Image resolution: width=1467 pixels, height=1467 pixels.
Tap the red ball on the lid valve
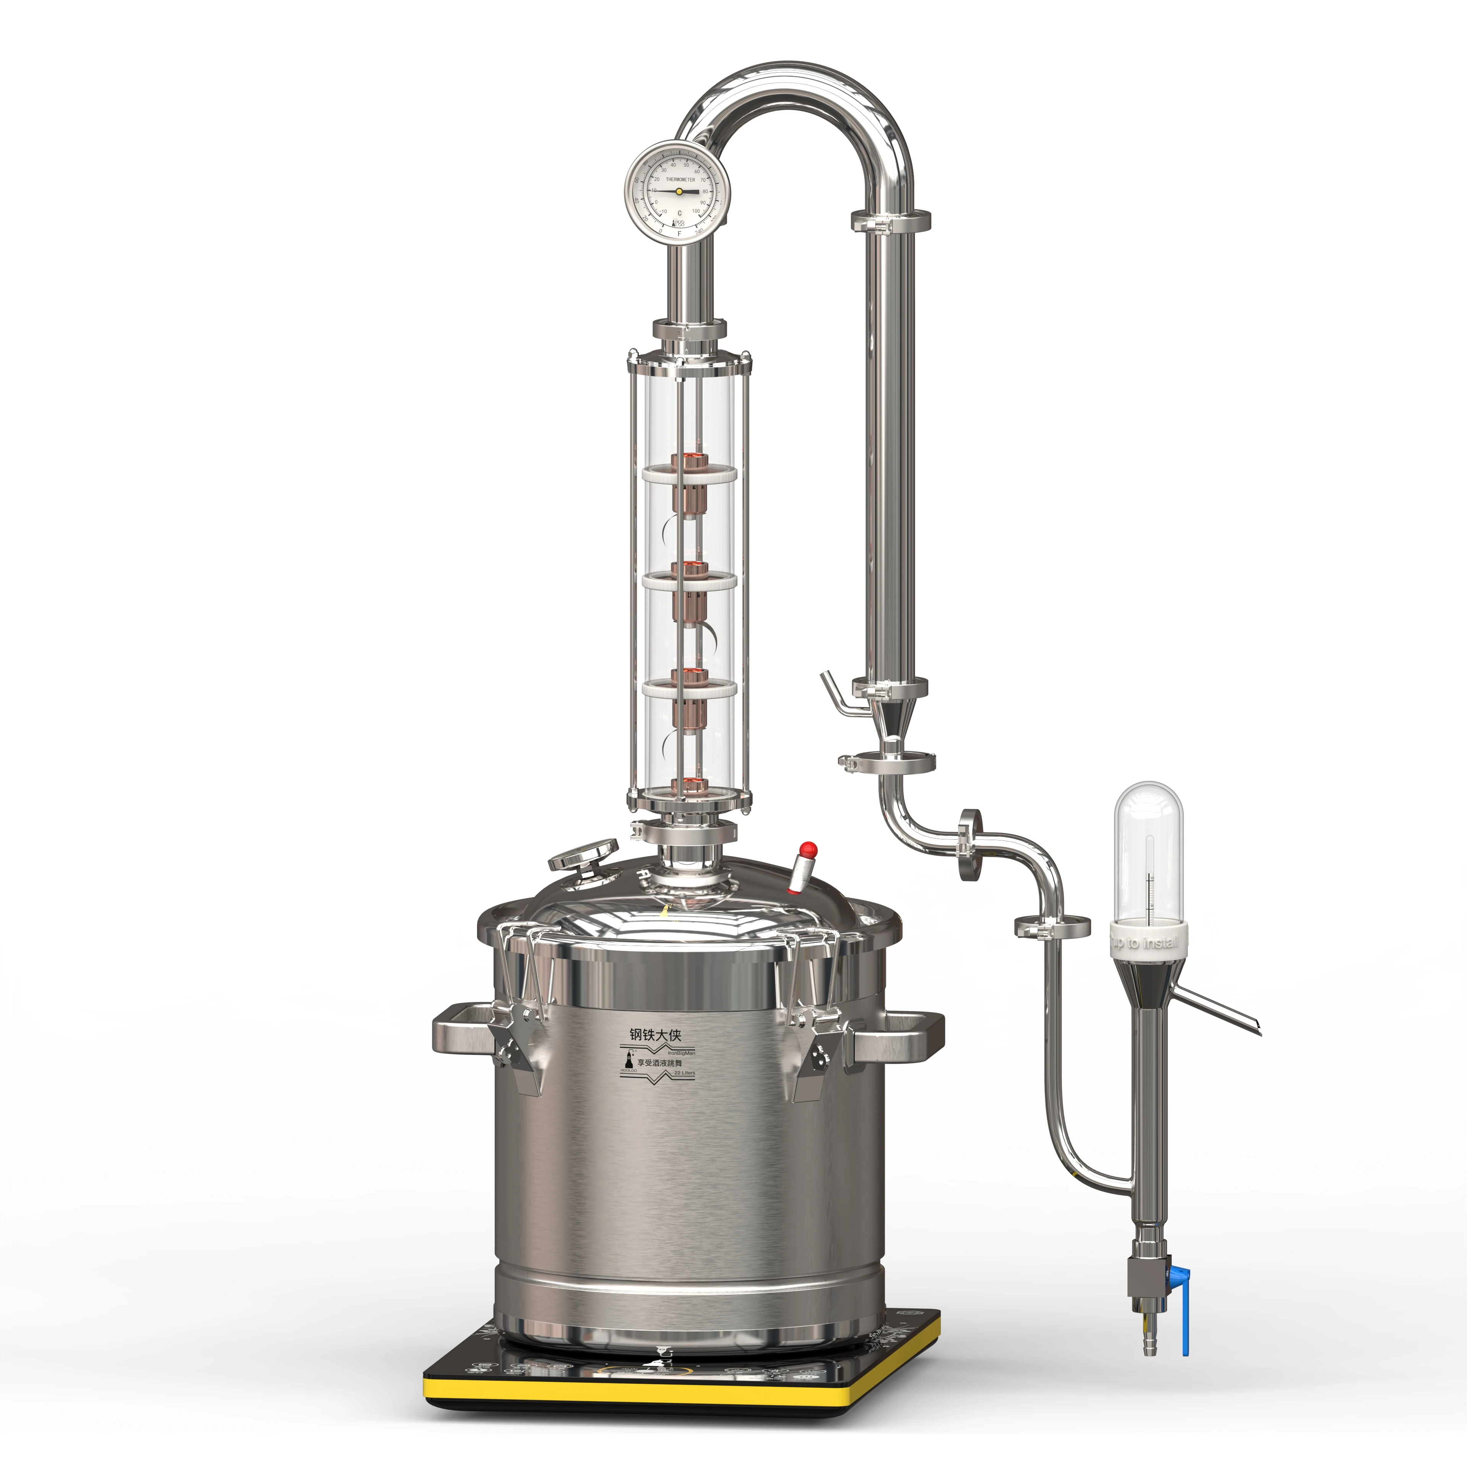(809, 847)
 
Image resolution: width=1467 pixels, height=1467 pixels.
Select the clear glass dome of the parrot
(1148, 850)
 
